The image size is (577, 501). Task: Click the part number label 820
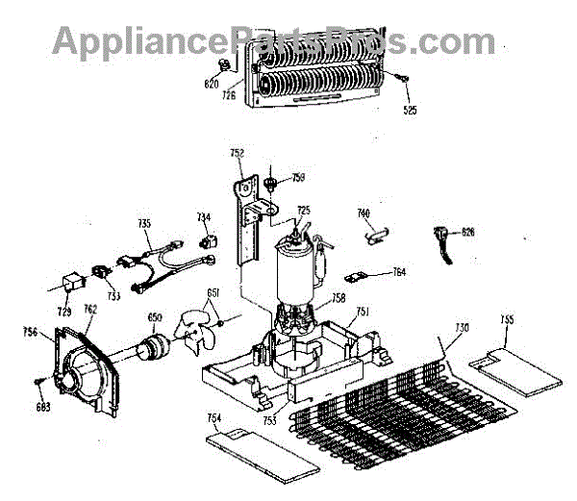211,84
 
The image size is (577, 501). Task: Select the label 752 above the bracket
238,154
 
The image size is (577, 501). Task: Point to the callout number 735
144,223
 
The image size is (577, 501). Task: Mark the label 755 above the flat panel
508,319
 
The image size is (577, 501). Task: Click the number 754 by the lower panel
214,418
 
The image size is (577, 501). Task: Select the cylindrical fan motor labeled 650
149,347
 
